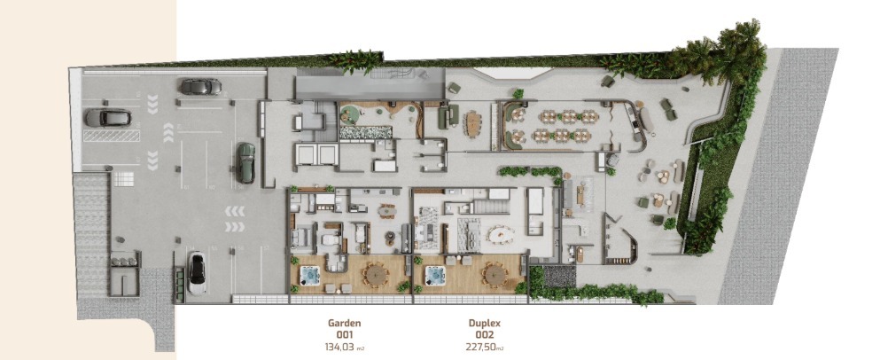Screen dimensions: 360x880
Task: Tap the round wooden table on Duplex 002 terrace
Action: [x=495, y=274]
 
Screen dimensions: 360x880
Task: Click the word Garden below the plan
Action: [x=344, y=324]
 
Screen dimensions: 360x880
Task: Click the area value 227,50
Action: [x=480, y=347]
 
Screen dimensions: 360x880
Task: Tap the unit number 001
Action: [x=344, y=335]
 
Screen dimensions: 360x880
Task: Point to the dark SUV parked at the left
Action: [x=107, y=117]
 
